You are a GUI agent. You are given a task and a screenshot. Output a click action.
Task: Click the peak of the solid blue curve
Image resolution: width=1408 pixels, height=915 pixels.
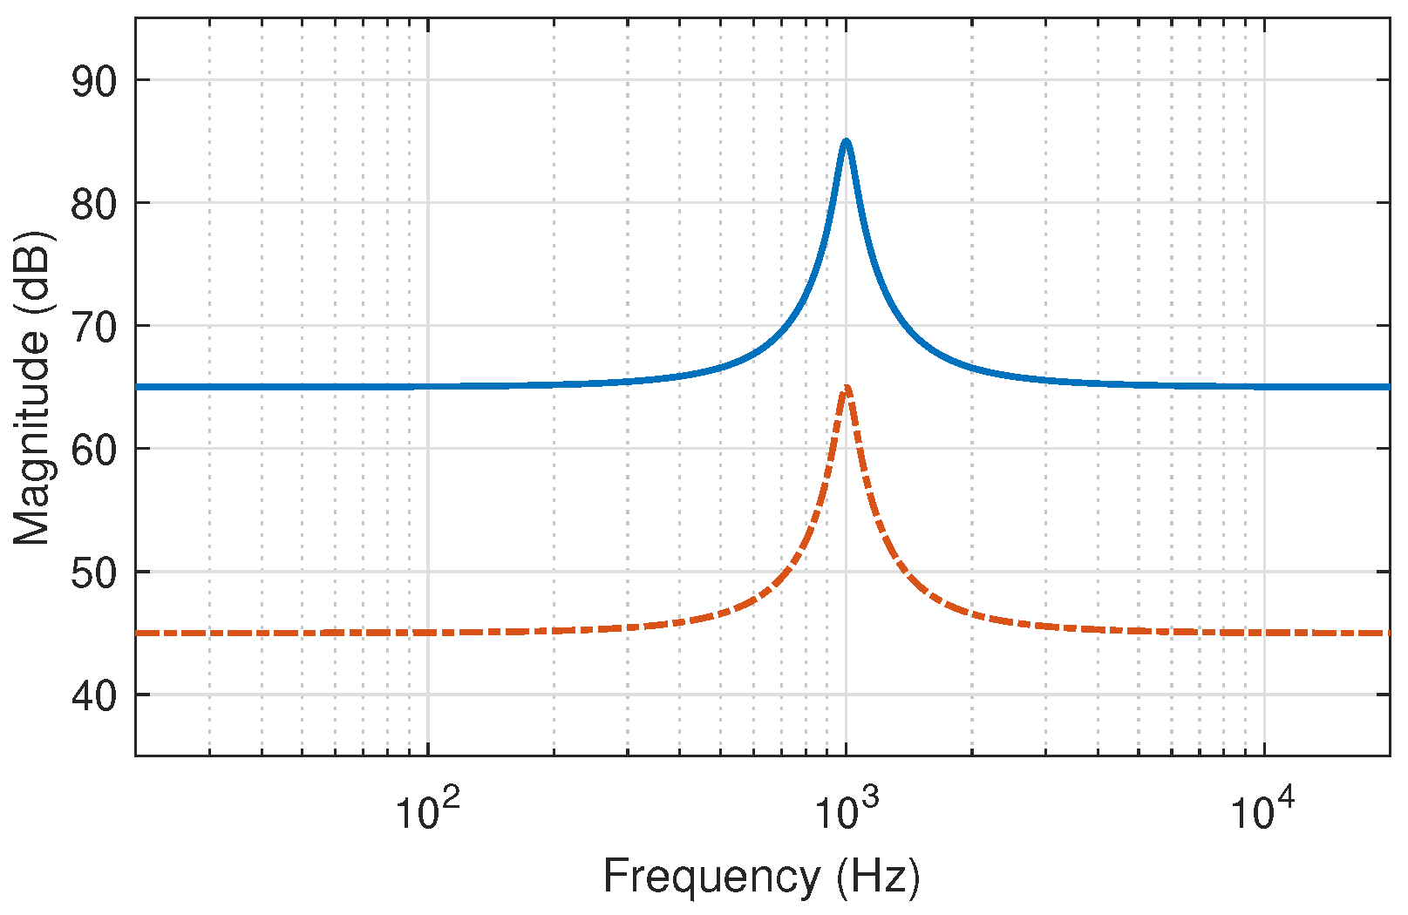846,141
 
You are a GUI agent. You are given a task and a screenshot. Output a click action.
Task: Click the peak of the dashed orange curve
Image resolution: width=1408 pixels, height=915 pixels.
846,387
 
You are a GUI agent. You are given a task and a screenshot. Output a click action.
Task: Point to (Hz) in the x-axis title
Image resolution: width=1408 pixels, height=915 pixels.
877,877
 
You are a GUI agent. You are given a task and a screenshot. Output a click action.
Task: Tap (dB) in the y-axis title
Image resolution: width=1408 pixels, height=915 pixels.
33,272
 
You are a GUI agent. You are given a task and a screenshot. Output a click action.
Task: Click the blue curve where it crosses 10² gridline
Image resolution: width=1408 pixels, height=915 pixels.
427,386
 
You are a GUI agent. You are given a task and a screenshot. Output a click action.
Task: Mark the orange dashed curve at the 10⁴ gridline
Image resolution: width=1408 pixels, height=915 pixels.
1265,633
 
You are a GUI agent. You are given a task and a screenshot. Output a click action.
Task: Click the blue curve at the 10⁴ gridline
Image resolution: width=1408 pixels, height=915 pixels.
1265,386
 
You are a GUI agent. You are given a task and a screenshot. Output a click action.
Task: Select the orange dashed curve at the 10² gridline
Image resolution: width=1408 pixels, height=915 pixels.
427,633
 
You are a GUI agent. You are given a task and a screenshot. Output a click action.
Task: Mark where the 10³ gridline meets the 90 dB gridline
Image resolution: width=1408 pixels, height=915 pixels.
846,80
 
